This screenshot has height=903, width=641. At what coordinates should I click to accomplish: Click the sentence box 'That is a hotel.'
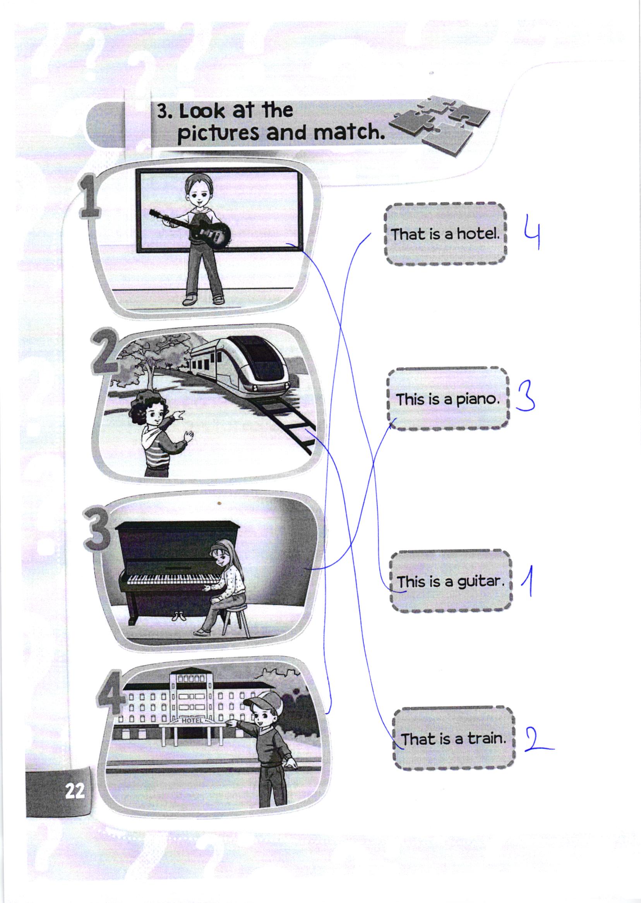445,234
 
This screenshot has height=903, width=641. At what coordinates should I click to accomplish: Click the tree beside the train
144,357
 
